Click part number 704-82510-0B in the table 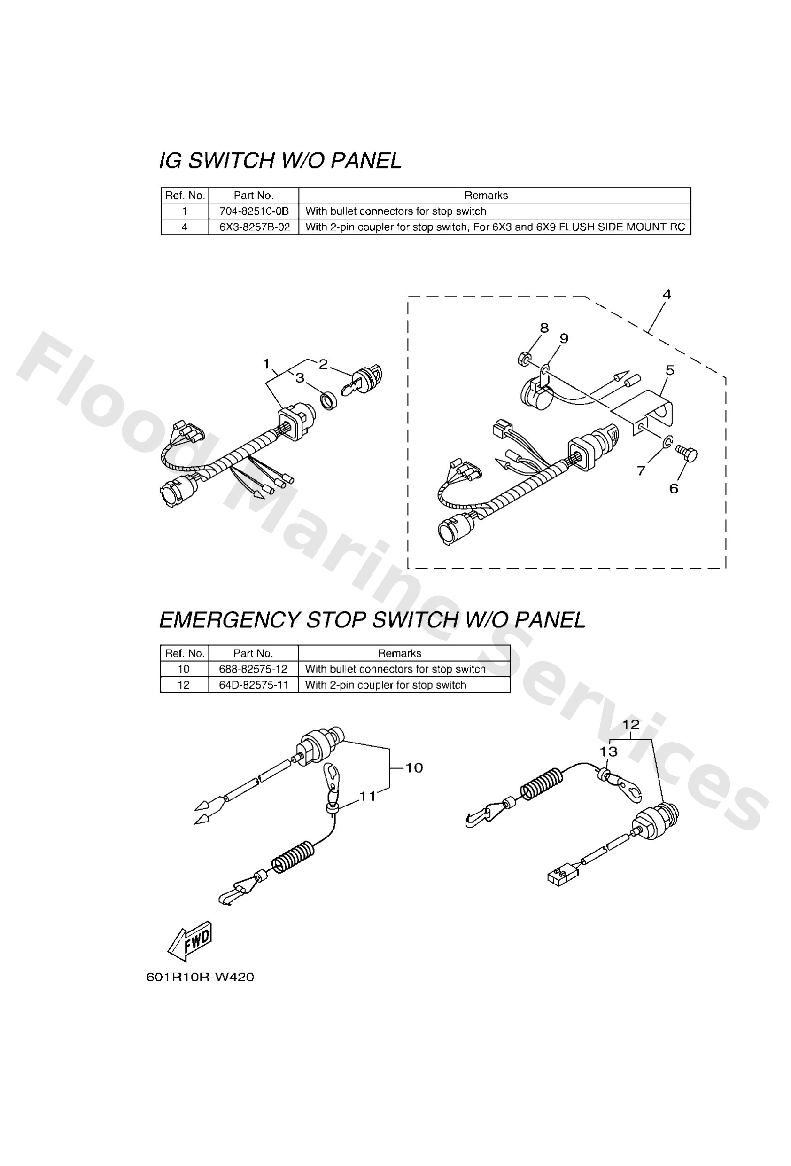coord(254,211)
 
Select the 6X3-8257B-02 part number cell coord(254,227)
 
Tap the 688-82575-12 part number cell coord(253,669)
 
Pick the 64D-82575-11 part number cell coord(253,685)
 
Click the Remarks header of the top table coord(486,195)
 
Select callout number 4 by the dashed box coord(666,294)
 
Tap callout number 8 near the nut coord(544,328)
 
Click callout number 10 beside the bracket coord(414,767)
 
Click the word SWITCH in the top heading coord(231,161)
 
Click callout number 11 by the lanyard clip coord(367,796)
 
